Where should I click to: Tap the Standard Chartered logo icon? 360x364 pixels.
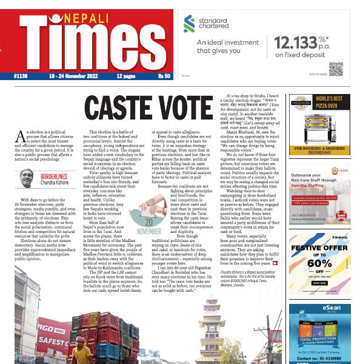click(x=189, y=24)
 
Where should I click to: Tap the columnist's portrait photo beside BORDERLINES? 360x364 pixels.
click(x=26, y=178)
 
